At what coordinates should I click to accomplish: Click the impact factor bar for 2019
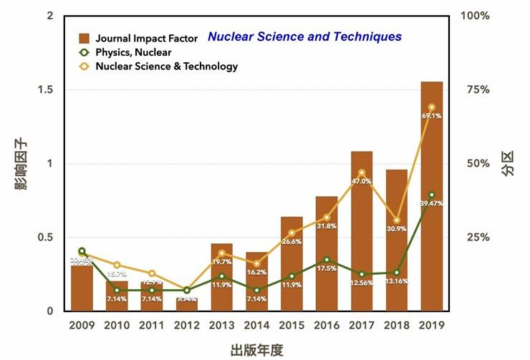(x=432, y=197)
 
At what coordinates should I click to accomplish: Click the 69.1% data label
(x=432, y=117)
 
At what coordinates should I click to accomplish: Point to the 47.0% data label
(x=362, y=181)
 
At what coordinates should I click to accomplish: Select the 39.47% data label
(x=432, y=204)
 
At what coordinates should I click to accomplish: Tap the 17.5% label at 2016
(x=327, y=268)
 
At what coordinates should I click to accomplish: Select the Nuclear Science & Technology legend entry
(x=158, y=67)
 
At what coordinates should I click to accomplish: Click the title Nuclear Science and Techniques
(x=304, y=37)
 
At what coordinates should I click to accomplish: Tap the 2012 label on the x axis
(x=186, y=326)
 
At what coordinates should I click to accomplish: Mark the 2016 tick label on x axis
(x=327, y=326)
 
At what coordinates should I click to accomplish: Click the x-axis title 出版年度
(x=256, y=350)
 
